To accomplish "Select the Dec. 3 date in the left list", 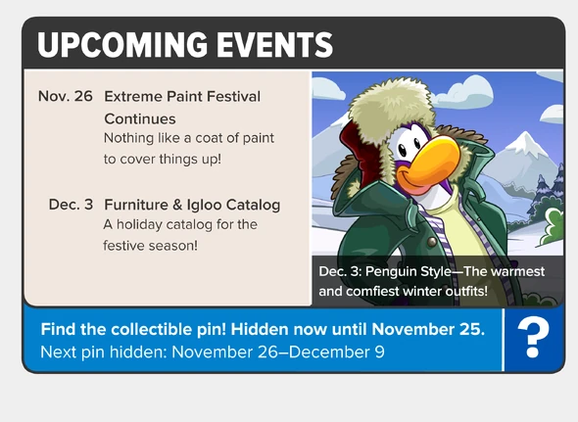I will pos(72,205).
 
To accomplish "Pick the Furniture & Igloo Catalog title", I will pos(192,205).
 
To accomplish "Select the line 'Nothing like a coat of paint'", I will pos(189,138).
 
